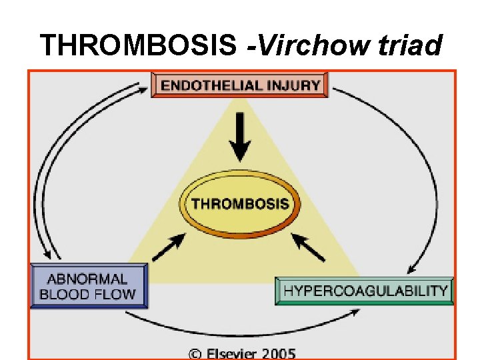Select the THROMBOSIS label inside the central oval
[x=241, y=203]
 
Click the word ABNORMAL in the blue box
[x=87, y=279]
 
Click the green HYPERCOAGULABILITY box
[x=365, y=291]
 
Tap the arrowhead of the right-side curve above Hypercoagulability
[x=413, y=269]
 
